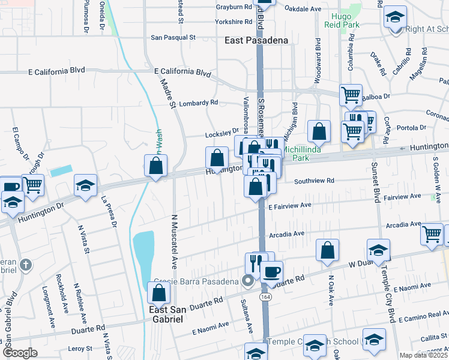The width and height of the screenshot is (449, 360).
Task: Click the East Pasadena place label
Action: pos(256,40)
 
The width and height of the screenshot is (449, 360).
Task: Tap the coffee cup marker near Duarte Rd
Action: pos(271,271)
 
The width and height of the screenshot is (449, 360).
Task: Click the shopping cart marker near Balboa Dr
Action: pos(351,94)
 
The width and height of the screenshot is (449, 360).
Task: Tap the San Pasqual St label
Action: pos(173,37)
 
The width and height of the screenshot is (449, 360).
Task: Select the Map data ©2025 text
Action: pos(423,355)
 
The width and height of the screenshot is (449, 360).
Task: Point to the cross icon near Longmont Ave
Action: pos(25,264)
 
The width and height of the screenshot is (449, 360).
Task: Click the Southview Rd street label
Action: pos(314,181)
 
